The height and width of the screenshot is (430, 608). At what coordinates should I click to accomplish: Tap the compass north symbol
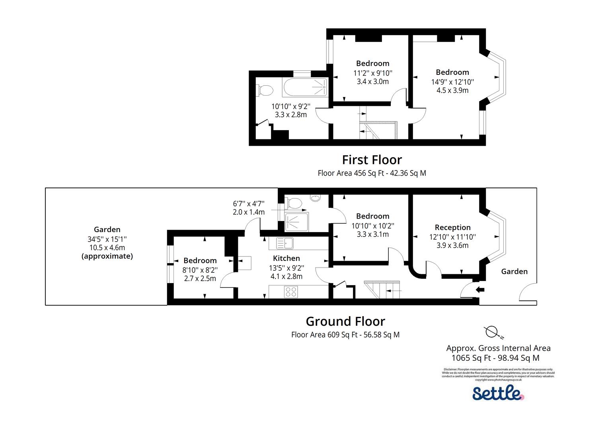[x=493, y=331]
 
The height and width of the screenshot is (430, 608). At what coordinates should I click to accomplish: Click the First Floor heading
[x=372, y=160]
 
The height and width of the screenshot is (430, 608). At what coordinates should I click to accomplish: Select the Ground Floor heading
[x=345, y=321]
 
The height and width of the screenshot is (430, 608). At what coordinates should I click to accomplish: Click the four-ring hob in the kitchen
[x=291, y=292]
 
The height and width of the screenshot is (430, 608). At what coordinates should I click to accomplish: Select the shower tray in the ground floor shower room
[x=297, y=222]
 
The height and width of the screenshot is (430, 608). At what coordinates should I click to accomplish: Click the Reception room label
[x=452, y=227]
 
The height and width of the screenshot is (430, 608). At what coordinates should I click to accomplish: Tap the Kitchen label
[x=286, y=258]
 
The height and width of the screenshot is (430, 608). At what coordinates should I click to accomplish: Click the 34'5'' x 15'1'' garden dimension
[x=107, y=239]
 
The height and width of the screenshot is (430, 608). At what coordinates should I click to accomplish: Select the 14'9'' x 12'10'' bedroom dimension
[x=452, y=82]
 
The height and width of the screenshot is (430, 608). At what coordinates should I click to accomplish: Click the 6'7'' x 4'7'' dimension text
[x=249, y=203]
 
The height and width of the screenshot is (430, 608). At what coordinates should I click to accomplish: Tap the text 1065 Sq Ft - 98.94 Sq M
[x=495, y=358]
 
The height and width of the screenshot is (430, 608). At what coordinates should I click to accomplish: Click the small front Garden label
[x=514, y=272]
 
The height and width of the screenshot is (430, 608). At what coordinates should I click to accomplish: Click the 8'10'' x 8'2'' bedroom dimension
[x=200, y=270]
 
